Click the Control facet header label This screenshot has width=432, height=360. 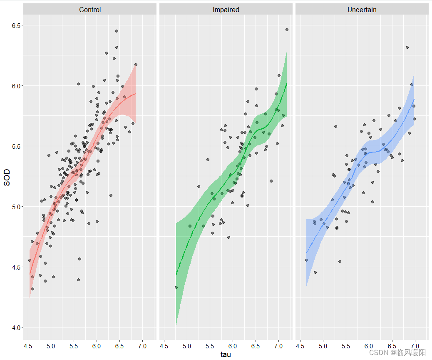pyautogui.click(x=90, y=10)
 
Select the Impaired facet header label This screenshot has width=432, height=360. pyautogui.click(x=226, y=10)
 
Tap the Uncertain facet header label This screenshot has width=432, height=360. pyautogui.click(x=362, y=10)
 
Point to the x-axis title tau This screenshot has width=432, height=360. pyautogui.click(x=226, y=355)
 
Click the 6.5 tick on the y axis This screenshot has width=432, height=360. pyautogui.click(x=17, y=26)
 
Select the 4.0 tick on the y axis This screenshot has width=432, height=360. pyautogui.click(x=17, y=327)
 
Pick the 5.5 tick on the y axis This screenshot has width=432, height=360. pyautogui.click(x=17, y=146)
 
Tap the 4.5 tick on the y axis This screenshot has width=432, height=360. pyautogui.click(x=17, y=267)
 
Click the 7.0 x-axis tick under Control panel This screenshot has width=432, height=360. pyautogui.click(x=142, y=345)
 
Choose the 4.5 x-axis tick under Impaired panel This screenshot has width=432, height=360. pyautogui.click(x=164, y=345)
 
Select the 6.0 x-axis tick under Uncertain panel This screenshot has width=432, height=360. pyautogui.click(x=369, y=345)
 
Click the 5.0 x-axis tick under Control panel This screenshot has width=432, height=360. pyautogui.click(x=51, y=345)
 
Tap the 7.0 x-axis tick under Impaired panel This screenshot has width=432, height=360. pyautogui.click(x=278, y=345)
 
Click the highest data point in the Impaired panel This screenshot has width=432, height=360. pyautogui.click(x=287, y=30)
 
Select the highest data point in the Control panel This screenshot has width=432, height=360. pyautogui.click(x=117, y=31)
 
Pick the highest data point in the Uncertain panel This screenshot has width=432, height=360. pyautogui.click(x=407, y=47)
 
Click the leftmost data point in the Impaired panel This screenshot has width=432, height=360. pyautogui.click(x=176, y=287)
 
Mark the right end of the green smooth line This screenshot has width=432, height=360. pyautogui.click(x=287, y=84)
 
